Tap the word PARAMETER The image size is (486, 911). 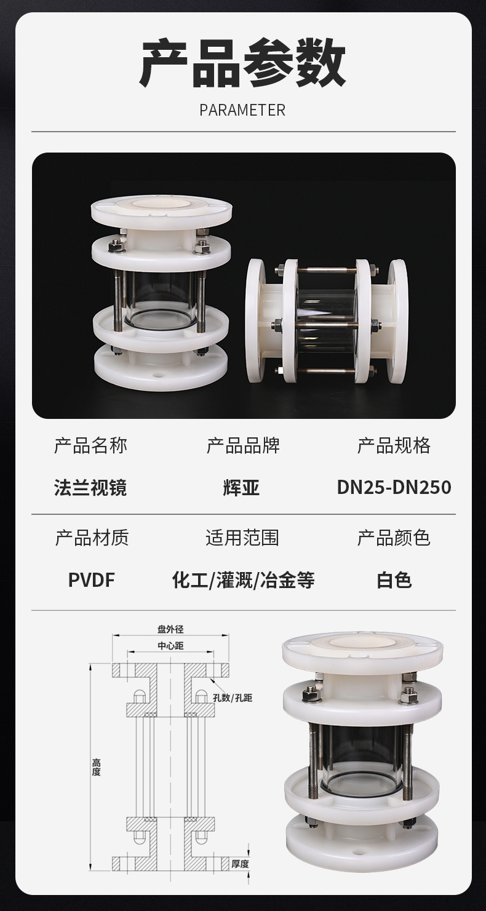point(243,110)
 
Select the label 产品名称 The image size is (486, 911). point(90,445)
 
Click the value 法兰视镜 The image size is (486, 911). point(90,487)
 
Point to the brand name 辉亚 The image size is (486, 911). point(242,487)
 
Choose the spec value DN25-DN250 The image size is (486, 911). point(394,487)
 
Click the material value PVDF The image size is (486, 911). point(92,580)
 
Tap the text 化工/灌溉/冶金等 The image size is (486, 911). point(243,580)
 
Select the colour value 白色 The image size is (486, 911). point(394,580)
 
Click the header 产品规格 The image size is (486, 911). point(394,445)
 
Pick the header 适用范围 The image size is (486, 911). point(242,538)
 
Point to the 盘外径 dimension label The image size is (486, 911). point(171,629)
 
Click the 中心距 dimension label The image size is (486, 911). point(171,646)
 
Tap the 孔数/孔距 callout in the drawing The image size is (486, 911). point(233,698)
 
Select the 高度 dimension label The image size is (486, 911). point(96,767)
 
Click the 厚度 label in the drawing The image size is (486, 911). point(240,861)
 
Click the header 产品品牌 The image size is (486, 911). point(243,445)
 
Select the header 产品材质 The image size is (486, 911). point(92,538)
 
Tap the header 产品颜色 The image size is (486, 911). point(394,538)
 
